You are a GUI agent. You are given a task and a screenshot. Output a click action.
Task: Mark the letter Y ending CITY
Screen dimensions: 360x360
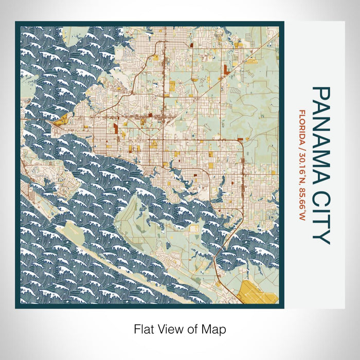click(321, 237)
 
